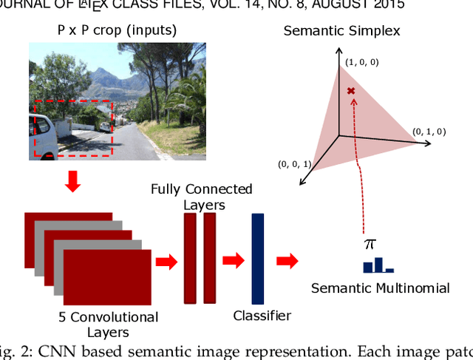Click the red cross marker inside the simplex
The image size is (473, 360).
coord(351,91)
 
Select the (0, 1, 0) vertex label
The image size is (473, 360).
coord(429,132)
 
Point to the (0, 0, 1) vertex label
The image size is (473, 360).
coord(295,163)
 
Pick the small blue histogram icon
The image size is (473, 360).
coord(378,265)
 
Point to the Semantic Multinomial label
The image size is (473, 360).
coord(380,288)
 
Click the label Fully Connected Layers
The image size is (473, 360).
coord(201,197)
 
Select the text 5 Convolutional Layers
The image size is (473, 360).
coord(108,325)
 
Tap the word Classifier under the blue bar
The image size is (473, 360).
coord(262,316)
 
